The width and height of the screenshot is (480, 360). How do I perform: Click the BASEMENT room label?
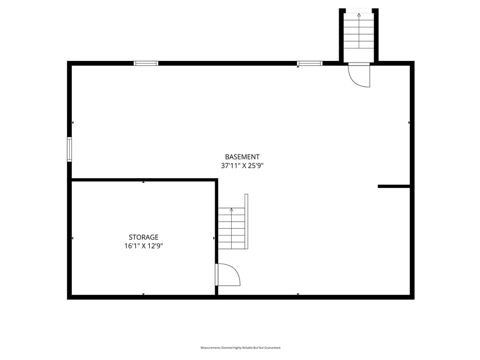pyautogui.click(x=242, y=156)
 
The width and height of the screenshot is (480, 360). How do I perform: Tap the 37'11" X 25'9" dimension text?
pyautogui.click(x=242, y=166)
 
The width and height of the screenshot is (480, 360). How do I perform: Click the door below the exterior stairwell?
pyautogui.click(x=359, y=74)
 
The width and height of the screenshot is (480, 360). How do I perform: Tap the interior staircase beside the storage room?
pyautogui.click(x=232, y=228)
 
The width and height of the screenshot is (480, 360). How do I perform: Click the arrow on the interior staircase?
pyautogui.click(x=232, y=210)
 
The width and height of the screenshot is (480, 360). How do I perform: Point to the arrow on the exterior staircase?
pyautogui.click(x=359, y=15)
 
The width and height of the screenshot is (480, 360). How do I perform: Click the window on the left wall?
pyautogui.click(x=69, y=149)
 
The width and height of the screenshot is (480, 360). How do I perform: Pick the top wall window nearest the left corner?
pyautogui.click(x=146, y=63)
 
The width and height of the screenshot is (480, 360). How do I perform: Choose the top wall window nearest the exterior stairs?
pyautogui.click(x=310, y=63)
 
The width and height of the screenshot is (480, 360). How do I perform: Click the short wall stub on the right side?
pyautogui.click(x=394, y=186)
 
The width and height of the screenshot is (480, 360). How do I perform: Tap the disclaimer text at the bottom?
pyautogui.click(x=241, y=348)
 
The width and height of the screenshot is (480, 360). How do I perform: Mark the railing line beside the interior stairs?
pyautogui.click(x=246, y=221)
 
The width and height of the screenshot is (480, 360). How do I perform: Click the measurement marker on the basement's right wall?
pyautogui.click(x=409, y=122)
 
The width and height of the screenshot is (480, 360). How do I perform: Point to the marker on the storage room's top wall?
pyautogui.click(x=143, y=182)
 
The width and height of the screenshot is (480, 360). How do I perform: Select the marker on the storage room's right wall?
pyautogui.click(x=214, y=238)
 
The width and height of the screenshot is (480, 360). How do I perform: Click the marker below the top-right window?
pyautogui.click(x=298, y=67)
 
